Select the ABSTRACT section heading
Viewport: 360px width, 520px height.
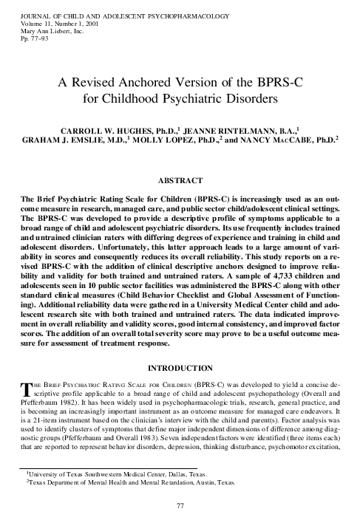tap(180, 179)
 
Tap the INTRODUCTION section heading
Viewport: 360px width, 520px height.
tap(180, 368)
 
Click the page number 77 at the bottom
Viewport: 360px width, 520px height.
tap(180, 505)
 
